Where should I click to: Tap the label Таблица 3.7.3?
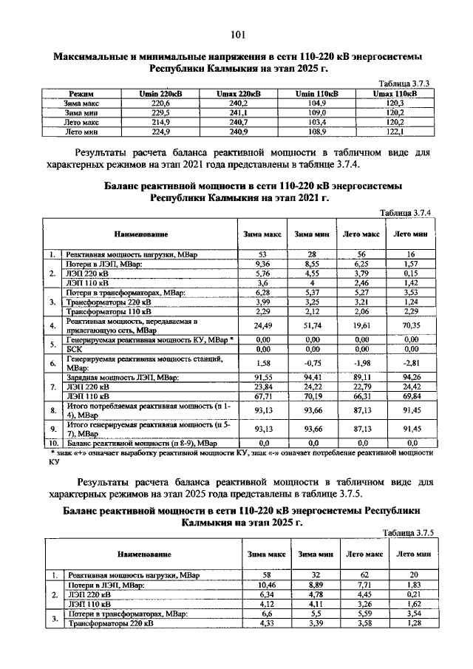pyautogui.click(x=405, y=85)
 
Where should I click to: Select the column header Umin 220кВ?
pyautogui.click(x=160, y=95)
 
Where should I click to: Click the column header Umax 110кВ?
pyautogui.click(x=395, y=95)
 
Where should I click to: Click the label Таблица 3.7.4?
pyautogui.click(x=405, y=213)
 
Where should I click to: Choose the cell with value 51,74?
pyautogui.click(x=311, y=325)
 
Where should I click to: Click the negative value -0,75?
pyautogui.click(x=311, y=362)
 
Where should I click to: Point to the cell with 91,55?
pyautogui.click(x=265, y=376)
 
